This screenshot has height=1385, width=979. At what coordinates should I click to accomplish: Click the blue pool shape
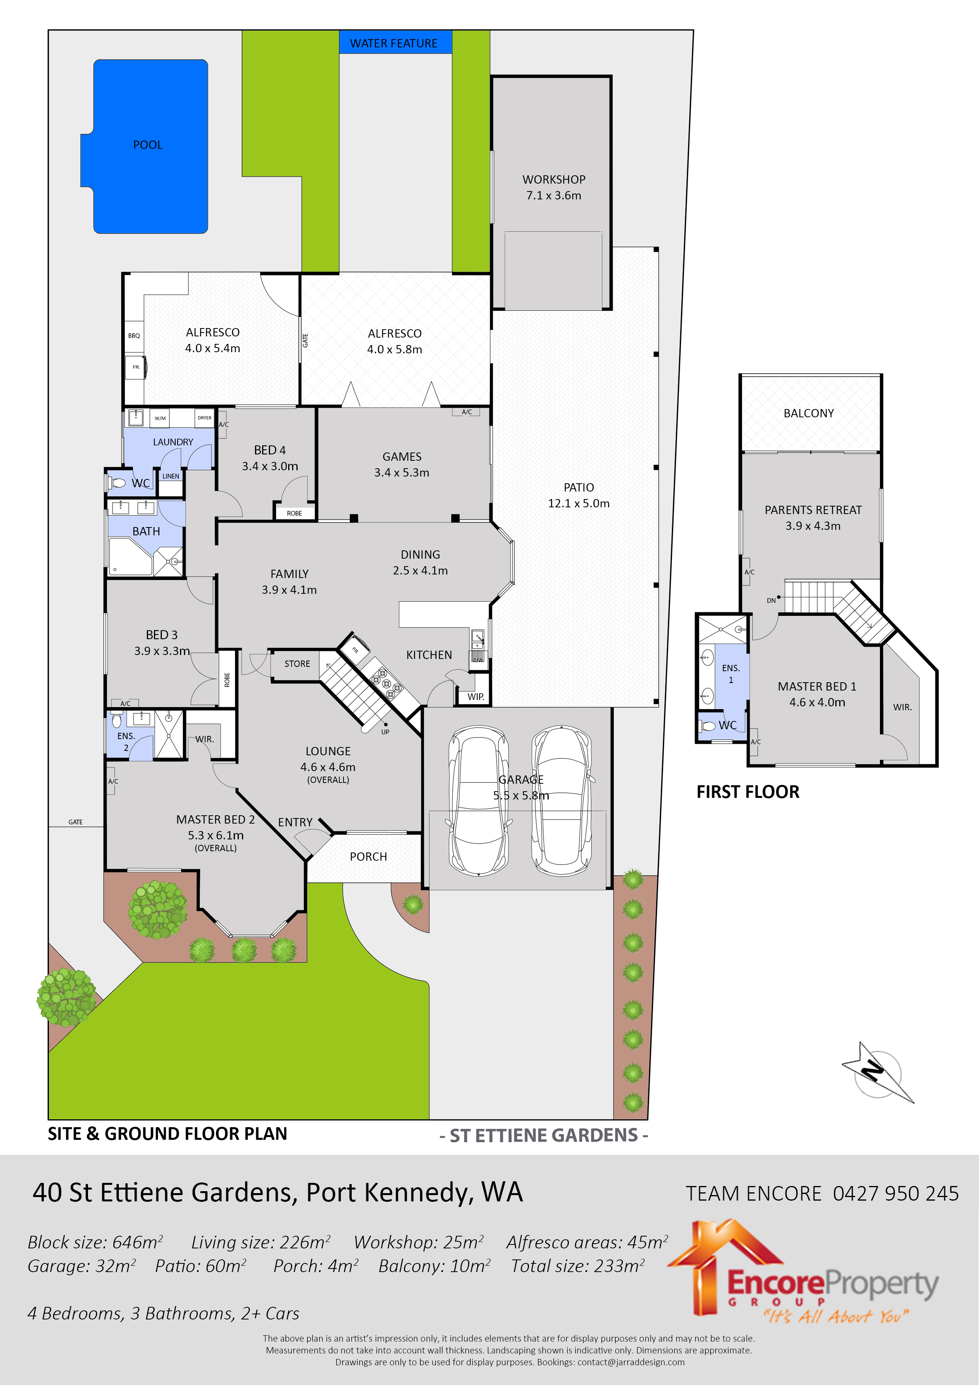pos(148,146)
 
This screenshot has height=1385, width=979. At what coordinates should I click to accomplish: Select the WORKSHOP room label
pos(554,180)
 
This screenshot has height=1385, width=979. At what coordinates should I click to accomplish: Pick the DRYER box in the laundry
pos(204,417)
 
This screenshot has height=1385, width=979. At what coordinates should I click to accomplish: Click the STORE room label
pos(297,664)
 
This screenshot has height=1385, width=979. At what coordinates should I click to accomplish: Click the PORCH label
pos(368,857)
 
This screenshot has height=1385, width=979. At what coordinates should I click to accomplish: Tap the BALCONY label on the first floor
pos(808,413)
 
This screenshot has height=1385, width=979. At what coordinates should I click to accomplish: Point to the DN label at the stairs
pos(771,601)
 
